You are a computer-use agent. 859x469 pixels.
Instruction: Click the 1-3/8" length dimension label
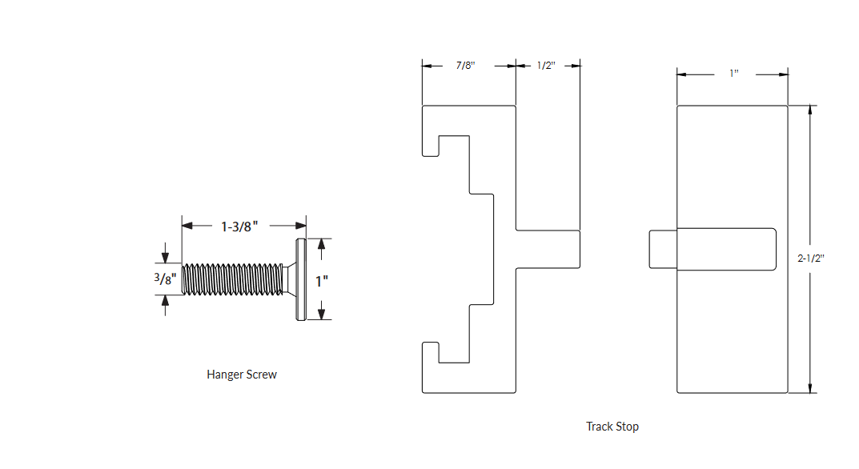pyautogui.click(x=239, y=226)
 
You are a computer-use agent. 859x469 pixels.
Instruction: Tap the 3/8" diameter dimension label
pyautogui.click(x=165, y=279)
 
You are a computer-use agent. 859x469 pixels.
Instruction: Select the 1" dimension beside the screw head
pyautogui.click(x=322, y=281)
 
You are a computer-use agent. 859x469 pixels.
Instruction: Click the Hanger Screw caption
pyautogui.click(x=242, y=375)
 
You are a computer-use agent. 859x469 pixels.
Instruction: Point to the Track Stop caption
pyautogui.click(x=612, y=427)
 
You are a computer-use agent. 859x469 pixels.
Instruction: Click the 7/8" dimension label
pyautogui.click(x=466, y=66)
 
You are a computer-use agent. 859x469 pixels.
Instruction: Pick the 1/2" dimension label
pyautogui.click(x=547, y=66)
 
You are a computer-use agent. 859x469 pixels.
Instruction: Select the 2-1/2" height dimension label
pyautogui.click(x=811, y=259)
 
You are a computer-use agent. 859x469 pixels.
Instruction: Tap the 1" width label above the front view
pyautogui.click(x=733, y=74)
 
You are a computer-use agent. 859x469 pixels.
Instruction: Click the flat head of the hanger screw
pyautogui.click(x=299, y=279)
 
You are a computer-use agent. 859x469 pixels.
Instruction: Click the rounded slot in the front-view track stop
pyautogui.click(x=726, y=248)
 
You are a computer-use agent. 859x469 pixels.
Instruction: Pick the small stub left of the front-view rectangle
pyautogui.click(x=663, y=248)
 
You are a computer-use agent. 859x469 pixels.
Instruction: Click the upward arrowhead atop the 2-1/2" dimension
pyautogui.click(x=811, y=111)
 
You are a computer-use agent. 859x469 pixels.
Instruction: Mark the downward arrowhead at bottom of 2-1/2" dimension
pyautogui.click(x=811, y=387)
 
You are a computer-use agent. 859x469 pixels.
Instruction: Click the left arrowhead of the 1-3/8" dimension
pyautogui.click(x=187, y=226)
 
